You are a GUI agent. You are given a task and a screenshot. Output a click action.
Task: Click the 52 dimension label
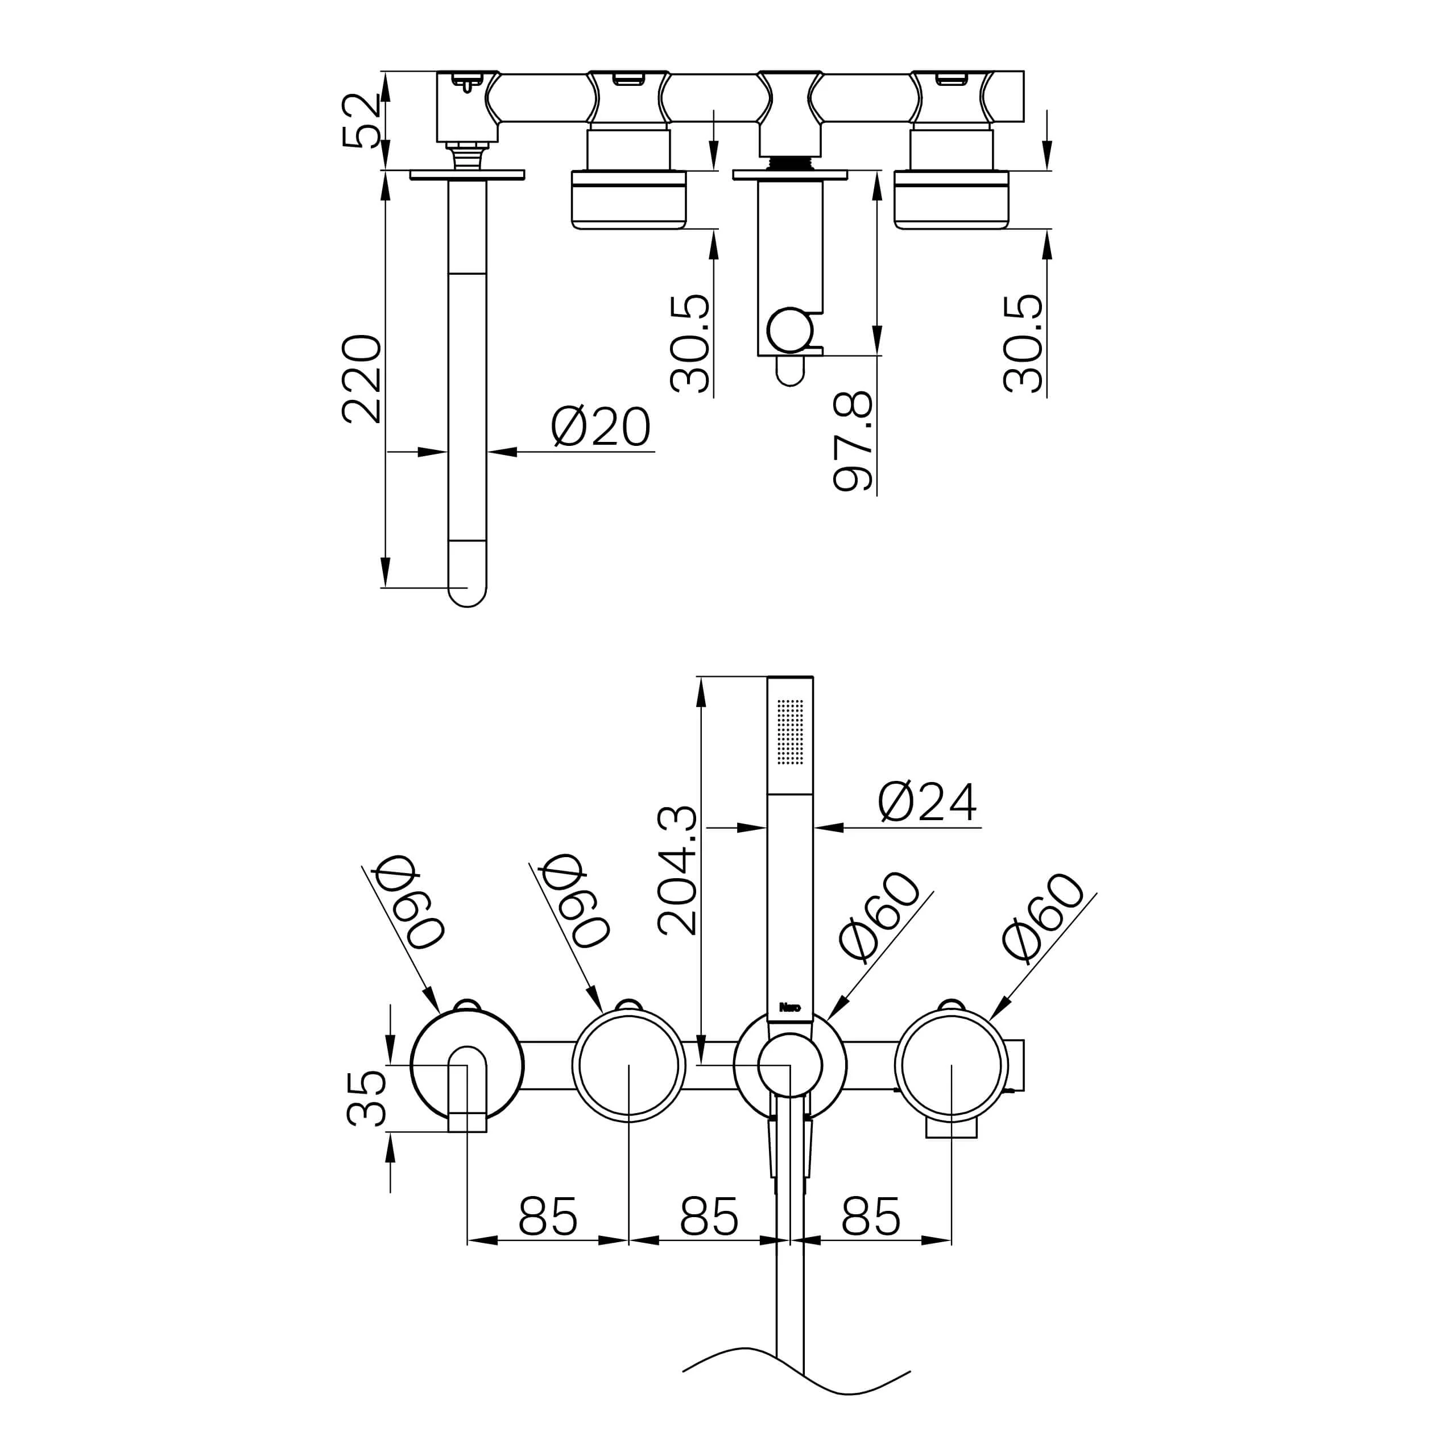361,121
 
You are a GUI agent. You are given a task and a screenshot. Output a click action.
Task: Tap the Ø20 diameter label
600,427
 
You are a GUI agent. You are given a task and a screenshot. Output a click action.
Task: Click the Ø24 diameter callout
927,801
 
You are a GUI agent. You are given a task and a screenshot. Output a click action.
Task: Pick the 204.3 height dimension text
677,870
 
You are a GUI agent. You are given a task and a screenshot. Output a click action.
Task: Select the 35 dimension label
366,1099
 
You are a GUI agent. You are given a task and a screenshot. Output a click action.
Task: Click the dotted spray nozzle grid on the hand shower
790,731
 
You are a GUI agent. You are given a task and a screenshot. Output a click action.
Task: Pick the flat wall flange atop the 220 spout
468,175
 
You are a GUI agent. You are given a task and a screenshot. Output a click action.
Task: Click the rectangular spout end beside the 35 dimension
468,1122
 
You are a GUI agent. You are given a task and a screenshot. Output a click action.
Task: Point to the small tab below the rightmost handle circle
951,1127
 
